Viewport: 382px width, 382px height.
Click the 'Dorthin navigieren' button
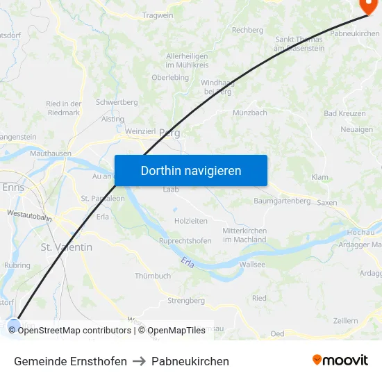(190, 170)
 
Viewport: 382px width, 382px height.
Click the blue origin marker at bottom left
(14, 324)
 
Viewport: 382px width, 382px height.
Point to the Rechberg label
(247, 30)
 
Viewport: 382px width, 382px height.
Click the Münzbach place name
(249, 113)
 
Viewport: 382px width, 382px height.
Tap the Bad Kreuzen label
(340, 113)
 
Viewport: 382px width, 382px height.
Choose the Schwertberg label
(117, 102)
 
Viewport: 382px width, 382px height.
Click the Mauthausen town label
(51, 152)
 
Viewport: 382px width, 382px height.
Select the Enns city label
(13, 188)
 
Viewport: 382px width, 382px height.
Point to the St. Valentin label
(66, 247)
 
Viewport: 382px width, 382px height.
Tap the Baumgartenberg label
(282, 201)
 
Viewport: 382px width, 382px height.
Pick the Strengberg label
(186, 301)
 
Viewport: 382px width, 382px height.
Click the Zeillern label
(345, 320)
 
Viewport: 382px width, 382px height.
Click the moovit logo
(340, 360)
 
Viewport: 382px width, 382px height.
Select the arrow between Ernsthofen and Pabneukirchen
(139, 361)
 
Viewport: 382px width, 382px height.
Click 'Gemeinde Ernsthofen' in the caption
(70, 361)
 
